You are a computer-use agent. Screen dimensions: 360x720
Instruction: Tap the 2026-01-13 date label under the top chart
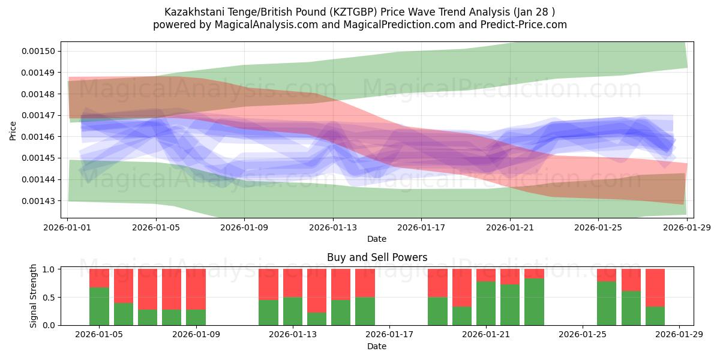(333, 227)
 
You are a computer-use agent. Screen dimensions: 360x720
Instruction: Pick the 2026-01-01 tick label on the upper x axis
(68, 227)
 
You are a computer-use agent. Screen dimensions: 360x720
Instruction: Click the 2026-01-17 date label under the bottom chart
(389, 335)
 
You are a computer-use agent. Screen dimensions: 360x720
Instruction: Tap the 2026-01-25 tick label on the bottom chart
(583, 335)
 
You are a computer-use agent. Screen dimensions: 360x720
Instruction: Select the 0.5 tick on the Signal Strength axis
(49, 298)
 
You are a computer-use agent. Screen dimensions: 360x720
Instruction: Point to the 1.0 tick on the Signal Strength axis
(49, 269)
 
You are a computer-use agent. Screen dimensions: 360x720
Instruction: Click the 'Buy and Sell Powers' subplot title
(377, 257)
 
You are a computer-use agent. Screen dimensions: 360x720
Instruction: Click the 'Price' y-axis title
(13, 131)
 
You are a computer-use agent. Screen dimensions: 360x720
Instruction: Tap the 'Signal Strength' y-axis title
(34, 296)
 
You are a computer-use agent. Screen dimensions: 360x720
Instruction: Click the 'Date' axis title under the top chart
(377, 239)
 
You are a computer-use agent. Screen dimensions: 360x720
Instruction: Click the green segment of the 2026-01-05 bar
(99, 306)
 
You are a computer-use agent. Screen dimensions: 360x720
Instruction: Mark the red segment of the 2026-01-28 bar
(655, 288)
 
